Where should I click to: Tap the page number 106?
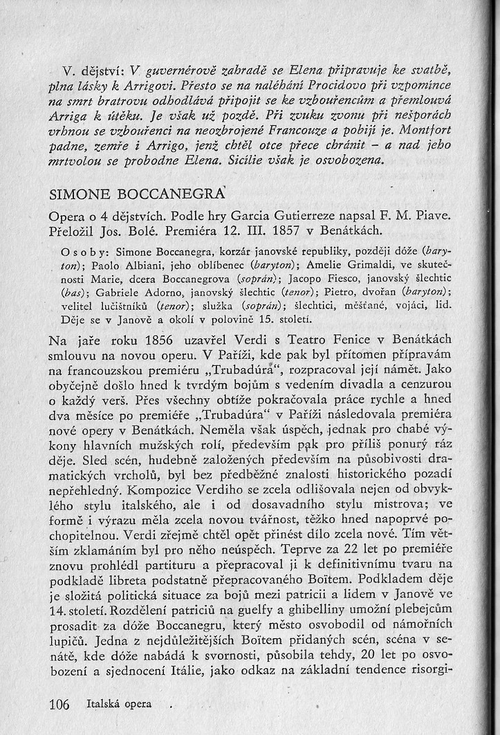pyautogui.click(x=60, y=705)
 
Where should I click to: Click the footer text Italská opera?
pyautogui.click(x=119, y=705)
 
